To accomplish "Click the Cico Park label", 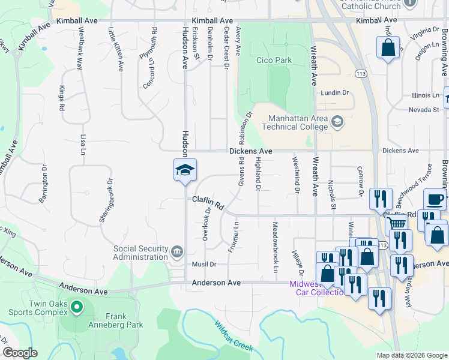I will coord(274,60).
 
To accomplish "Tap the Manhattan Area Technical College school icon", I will coord(337,122).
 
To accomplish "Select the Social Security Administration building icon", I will coord(177,251).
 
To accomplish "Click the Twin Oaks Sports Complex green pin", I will coord(76,308).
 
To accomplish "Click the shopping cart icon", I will coord(396,224).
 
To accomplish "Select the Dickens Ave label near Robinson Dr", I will coord(250,151).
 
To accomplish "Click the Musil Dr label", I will coord(203,264).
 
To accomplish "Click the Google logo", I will coord(20,353).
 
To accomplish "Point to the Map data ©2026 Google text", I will coord(411,355).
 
